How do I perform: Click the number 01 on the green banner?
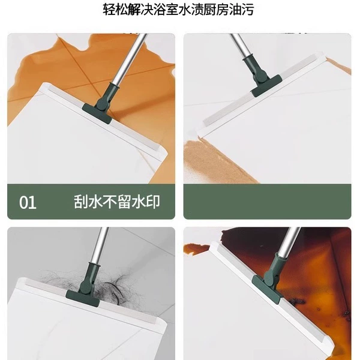pyautogui.click(x=28, y=203)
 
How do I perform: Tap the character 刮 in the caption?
pyautogui.click(x=80, y=202)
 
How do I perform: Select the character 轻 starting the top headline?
pyautogui.click(x=109, y=10)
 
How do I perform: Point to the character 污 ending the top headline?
pyautogui.click(x=247, y=10)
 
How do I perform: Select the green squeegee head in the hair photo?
pyautogui.click(x=83, y=298)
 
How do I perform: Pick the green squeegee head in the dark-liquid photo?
pyautogui.click(x=267, y=289)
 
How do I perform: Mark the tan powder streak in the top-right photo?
pyautogui.click(x=219, y=161)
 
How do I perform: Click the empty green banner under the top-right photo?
pyautogui.click(x=267, y=202)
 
